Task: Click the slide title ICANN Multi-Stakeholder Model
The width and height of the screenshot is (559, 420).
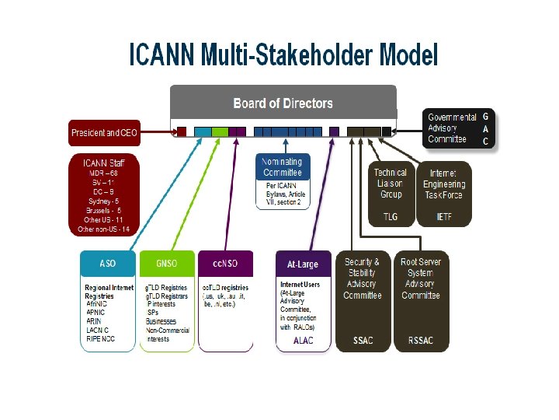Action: point(283,55)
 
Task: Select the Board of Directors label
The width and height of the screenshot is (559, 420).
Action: point(283,103)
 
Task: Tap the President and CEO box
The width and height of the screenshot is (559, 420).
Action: point(104,133)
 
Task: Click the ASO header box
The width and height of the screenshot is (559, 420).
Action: point(108,264)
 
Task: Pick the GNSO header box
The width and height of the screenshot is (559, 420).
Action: point(166,264)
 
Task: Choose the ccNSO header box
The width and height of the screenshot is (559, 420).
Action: point(225,264)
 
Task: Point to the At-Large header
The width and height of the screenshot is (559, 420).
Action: point(303,264)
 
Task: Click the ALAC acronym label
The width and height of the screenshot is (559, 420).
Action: point(303,341)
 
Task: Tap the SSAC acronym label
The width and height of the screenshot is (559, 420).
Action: point(362,341)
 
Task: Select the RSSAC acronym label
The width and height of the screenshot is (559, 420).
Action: point(421,341)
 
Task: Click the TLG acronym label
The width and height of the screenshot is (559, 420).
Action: point(390,217)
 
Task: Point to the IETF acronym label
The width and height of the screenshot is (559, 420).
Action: point(443,217)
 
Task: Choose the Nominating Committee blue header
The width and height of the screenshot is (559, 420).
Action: point(283,166)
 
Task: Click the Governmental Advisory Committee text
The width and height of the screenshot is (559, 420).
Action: point(447,128)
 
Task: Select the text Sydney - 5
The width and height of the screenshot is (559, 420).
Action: point(103,201)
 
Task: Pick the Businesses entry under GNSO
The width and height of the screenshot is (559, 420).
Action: point(161,321)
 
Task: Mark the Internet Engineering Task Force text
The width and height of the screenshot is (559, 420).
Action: point(444,184)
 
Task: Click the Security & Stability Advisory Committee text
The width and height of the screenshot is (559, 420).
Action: point(363,278)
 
